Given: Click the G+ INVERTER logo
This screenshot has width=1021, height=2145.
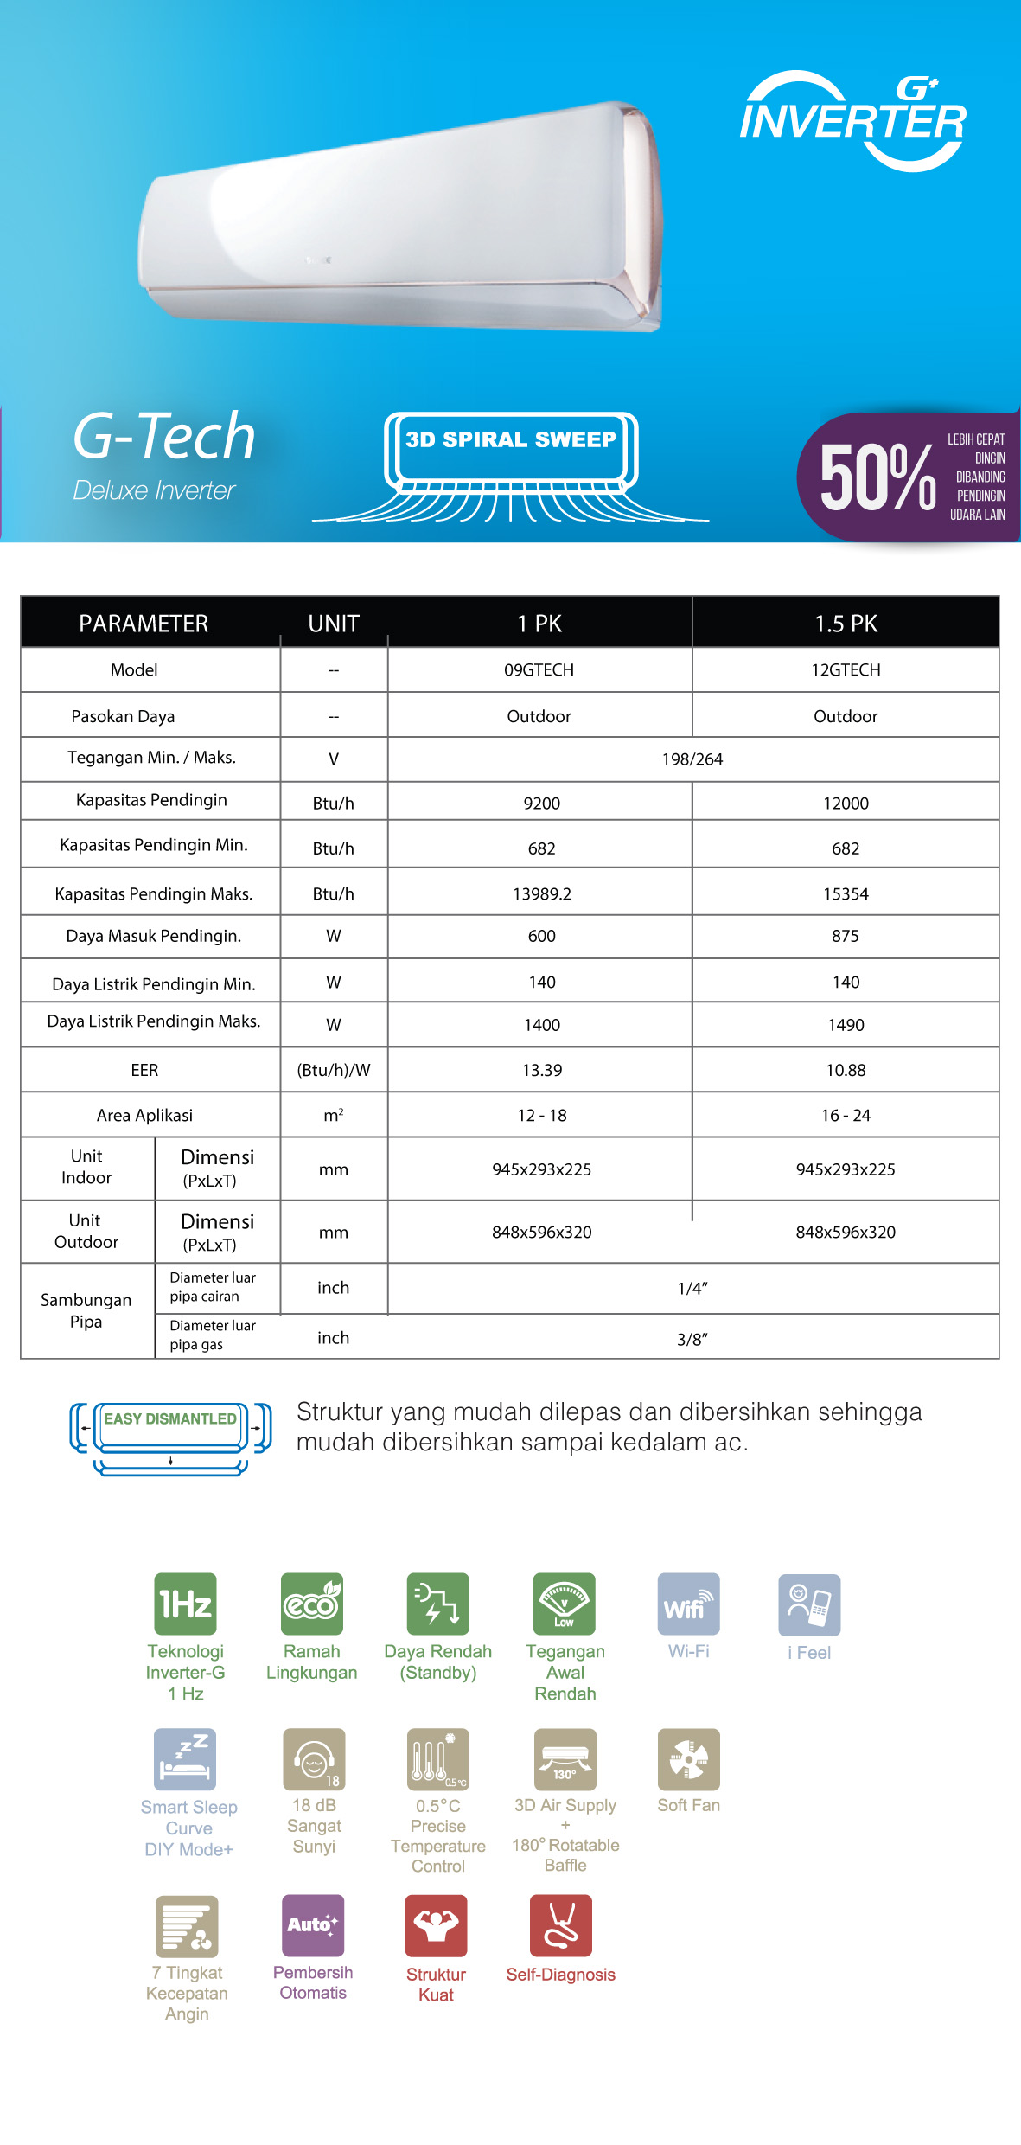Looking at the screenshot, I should pos(852,121).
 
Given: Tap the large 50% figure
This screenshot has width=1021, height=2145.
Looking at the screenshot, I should pos(877,477).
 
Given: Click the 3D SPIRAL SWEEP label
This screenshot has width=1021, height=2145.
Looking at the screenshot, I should pos(510,439).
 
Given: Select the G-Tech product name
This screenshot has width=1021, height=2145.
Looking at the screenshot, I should pos(164,436).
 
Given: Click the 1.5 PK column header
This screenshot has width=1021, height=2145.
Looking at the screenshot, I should pos(846,624).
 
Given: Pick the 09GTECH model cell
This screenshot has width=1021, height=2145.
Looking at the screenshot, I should pos(539,670).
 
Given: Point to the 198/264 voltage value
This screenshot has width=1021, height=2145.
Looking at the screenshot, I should pos(692,759).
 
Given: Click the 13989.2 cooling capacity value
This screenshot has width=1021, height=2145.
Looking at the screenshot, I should pos(542,893).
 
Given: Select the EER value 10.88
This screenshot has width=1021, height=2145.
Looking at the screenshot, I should pos(846,1070).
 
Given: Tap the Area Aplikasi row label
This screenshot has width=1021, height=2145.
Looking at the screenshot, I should pos(144,1116).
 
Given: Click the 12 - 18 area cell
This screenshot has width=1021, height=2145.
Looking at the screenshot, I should pos(542,1116).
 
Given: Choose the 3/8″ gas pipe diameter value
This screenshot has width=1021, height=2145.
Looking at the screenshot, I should pos(692,1339).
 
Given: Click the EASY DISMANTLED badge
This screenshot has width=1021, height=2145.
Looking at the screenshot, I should pos(170,1419).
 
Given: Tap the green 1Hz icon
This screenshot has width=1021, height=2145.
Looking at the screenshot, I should pos(185,1604).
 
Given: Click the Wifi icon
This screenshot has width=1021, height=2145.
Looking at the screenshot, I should pos(688,1604).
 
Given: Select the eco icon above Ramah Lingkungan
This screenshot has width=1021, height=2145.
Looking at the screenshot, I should pos(312,1604).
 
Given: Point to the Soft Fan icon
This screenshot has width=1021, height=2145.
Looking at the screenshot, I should pos(688,1759).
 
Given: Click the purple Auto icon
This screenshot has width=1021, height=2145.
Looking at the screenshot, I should pos(313,1925).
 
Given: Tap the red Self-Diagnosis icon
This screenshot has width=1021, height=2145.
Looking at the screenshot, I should pos(561,1925).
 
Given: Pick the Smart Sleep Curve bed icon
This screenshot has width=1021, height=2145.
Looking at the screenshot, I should pos(185,1759).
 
